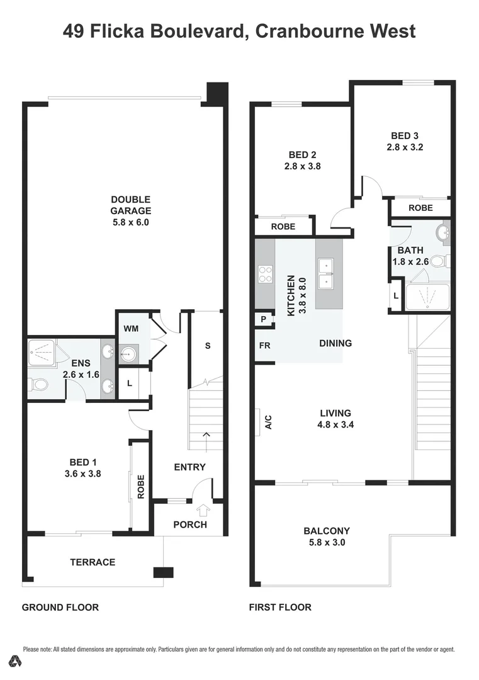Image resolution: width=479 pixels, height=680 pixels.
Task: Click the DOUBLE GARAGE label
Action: click(x=131, y=205)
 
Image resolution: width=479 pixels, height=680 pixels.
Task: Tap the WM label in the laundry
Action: click(x=131, y=329)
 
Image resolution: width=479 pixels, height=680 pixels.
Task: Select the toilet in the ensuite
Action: click(x=39, y=384)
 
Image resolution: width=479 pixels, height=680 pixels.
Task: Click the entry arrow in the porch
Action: click(x=203, y=511)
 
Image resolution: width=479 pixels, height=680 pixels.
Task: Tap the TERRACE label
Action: click(x=93, y=562)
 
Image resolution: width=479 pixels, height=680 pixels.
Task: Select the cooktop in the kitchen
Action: click(x=265, y=273)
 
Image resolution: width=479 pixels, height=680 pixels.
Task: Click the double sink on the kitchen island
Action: click(x=328, y=274)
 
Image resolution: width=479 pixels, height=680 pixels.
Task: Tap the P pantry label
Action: click(x=264, y=320)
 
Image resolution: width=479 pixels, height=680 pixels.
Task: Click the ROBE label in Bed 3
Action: click(x=420, y=207)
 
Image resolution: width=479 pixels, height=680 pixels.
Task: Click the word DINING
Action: click(x=335, y=343)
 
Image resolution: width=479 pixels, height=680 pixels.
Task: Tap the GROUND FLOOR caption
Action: click(x=60, y=607)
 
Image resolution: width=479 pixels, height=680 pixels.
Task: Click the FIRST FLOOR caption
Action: click(x=280, y=607)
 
